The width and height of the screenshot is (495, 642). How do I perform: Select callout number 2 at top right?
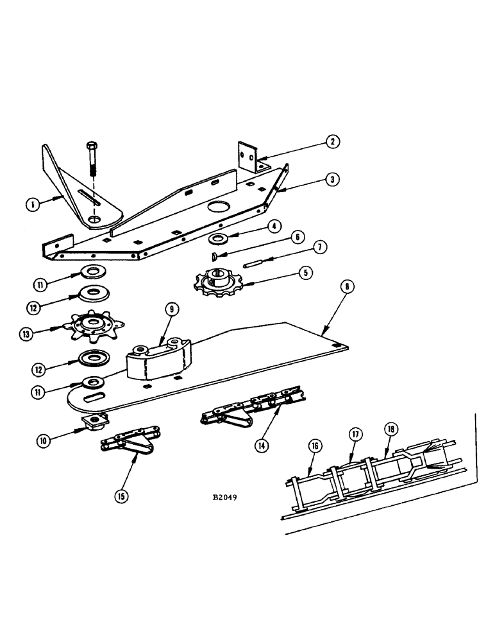tap(332, 142)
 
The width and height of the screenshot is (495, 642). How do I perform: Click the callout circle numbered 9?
tap(172, 309)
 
